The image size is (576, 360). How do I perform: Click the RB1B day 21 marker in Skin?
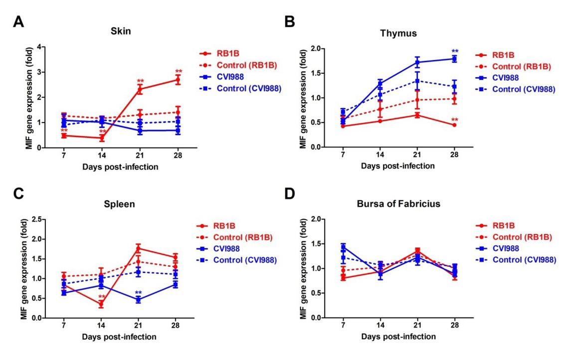[141, 89]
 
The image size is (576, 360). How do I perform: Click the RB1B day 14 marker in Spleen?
[101, 304]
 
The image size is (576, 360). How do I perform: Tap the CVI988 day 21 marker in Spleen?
[138, 300]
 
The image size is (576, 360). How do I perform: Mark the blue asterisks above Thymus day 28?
[455, 51]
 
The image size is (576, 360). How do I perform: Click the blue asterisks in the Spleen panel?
[138, 293]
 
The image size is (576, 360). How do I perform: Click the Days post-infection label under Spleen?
[120, 337]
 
